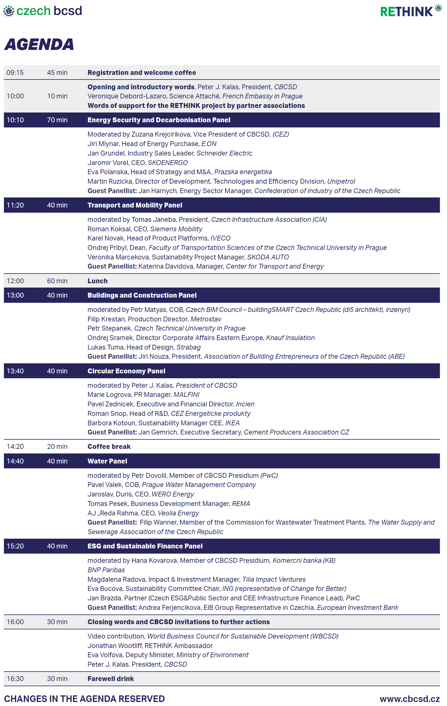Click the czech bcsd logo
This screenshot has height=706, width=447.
pyautogui.click(x=42, y=11)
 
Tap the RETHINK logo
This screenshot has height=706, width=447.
pyautogui.click(x=410, y=11)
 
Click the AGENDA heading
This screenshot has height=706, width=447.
pyautogui.click(x=39, y=44)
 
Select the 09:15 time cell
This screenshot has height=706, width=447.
pyautogui.click(x=15, y=73)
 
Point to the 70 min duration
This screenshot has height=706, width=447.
pyautogui.click(x=57, y=120)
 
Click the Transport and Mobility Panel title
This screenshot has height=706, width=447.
pyautogui.click(x=135, y=205)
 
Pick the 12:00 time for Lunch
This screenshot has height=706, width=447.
pyautogui.click(x=15, y=281)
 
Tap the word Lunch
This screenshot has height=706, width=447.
pyautogui.click(x=97, y=281)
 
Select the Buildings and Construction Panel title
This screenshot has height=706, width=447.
pyautogui.click(x=142, y=295)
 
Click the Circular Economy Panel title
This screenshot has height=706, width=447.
pyautogui.click(x=126, y=371)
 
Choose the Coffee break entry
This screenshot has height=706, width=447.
pyautogui.click(x=109, y=447)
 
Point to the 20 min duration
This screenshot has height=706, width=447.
pyautogui.click(x=57, y=447)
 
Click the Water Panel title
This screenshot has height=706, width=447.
pyautogui.click(x=107, y=461)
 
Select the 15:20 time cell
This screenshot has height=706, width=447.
pyautogui.click(x=15, y=546)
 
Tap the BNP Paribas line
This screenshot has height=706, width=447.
pyautogui.click(x=106, y=570)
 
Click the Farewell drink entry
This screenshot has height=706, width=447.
pyautogui.click(x=110, y=678)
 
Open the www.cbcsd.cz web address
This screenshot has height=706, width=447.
pyautogui.click(x=409, y=699)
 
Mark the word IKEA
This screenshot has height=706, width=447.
pyautogui.click(x=232, y=423)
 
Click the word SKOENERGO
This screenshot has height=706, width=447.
pyautogui.click(x=167, y=163)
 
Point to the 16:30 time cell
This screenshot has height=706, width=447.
pyautogui.click(x=15, y=678)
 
